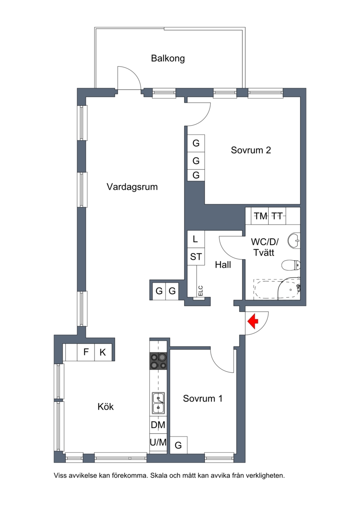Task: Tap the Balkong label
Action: [x=168, y=59]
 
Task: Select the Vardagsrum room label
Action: [x=132, y=187]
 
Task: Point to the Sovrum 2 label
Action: [x=251, y=150]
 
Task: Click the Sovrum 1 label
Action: [x=203, y=398]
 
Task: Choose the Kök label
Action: [x=105, y=406]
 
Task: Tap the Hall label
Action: [x=223, y=265]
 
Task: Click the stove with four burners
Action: [x=158, y=360]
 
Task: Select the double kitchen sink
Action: [x=158, y=402]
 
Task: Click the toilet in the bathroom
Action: [x=291, y=266]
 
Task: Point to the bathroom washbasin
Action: [x=294, y=240]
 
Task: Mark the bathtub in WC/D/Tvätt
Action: [x=277, y=289]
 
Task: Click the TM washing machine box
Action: [x=261, y=216]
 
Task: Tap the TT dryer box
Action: [x=277, y=216]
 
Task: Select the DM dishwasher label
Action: [x=158, y=424]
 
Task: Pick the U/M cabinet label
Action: [x=158, y=442]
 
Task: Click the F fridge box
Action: [x=86, y=352]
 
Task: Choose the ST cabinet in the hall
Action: [x=196, y=257]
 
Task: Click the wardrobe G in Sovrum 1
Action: [x=179, y=445]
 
